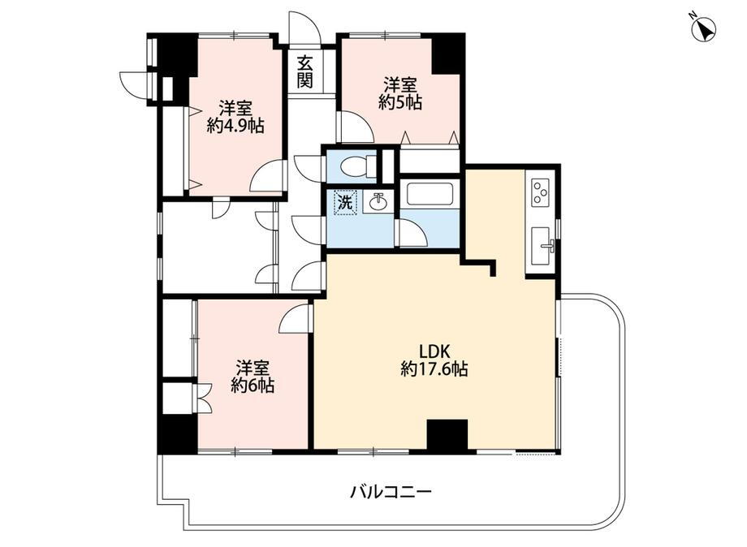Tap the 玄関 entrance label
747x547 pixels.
304,71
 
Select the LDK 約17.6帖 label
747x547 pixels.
434,360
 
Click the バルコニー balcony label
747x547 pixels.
391,491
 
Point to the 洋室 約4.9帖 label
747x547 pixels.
235,117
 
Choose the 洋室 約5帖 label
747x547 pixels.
400,93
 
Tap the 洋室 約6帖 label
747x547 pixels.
252,377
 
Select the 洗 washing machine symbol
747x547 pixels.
345,203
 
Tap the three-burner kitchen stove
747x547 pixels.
541,193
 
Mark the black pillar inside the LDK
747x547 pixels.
447,435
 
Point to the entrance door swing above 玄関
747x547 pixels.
305,28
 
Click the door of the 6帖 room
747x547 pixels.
296,319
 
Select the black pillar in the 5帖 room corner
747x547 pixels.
447,54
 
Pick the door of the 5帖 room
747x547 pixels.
355,127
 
